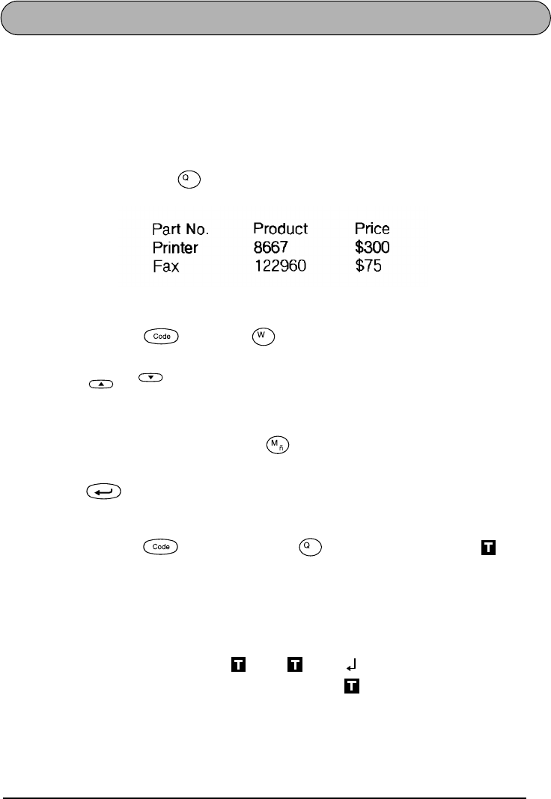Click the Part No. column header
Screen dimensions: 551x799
(186, 228)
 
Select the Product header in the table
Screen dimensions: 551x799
(281, 228)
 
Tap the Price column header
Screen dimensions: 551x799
(372, 228)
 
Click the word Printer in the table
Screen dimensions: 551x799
(175, 247)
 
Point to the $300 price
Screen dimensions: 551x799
(373, 247)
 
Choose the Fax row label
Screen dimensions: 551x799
(165, 266)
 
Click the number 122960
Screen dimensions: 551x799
(280, 266)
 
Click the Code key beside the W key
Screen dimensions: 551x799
(162, 337)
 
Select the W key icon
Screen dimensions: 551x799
(264, 337)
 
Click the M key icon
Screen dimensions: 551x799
(277, 447)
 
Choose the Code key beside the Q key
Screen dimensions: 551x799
(162, 547)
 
